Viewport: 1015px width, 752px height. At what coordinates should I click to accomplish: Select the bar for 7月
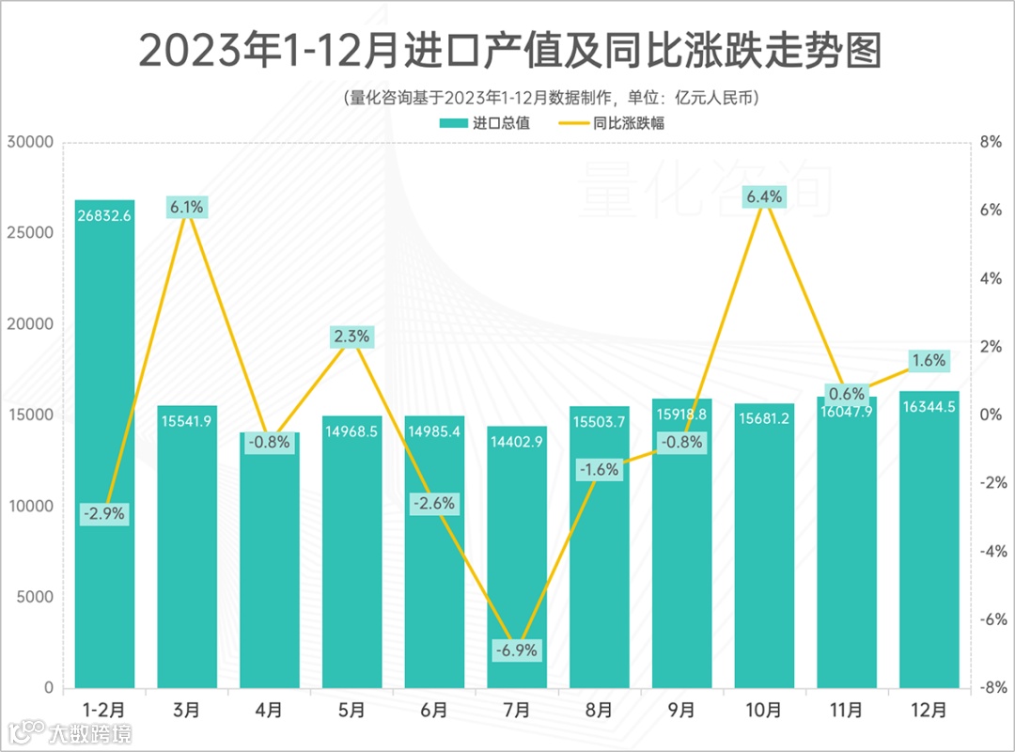(x=517, y=555)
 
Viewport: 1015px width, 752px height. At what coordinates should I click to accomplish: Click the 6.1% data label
(x=187, y=207)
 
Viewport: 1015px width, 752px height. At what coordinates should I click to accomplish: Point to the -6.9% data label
(x=517, y=650)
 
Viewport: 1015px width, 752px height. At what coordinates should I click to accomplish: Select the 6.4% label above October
(x=763, y=196)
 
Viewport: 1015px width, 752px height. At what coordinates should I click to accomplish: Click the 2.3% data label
(x=352, y=336)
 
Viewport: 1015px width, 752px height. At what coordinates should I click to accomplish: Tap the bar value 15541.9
(x=187, y=420)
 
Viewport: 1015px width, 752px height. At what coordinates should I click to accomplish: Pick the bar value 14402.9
(x=517, y=441)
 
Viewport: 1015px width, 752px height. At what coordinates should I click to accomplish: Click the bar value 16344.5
(x=929, y=406)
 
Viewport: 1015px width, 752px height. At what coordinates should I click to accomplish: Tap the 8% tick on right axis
(x=991, y=142)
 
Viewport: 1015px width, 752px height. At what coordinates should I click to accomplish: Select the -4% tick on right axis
(x=991, y=552)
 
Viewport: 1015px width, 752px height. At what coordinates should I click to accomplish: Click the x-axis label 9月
(x=682, y=711)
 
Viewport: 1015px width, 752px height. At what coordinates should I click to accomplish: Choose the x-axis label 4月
(x=270, y=711)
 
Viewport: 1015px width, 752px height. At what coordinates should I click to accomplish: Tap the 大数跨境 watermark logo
(x=70, y=732)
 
